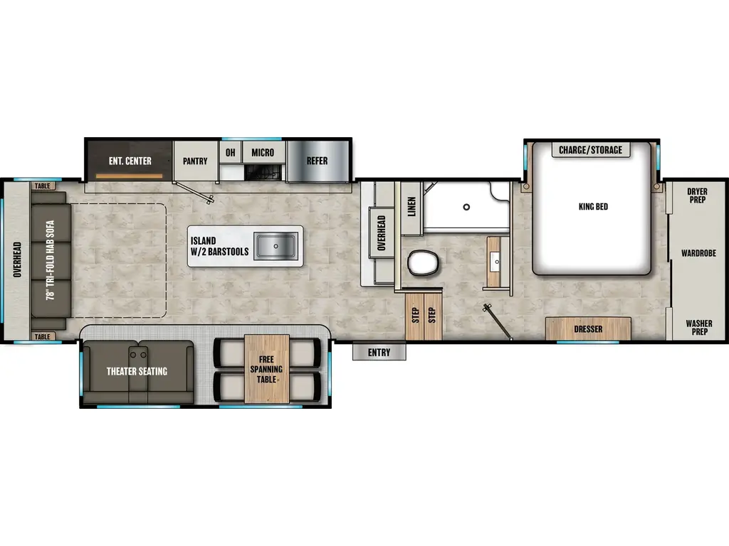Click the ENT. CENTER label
coord(130,161)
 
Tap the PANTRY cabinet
coord(195,161)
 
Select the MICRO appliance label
coord(263,152)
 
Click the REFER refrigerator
coord(318,161)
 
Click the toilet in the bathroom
coord(423,264)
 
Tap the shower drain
coord(466,207)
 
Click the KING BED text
coord(593,207)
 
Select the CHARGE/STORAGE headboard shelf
coord(590,150)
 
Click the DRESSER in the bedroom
coord(588,329)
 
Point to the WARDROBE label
coord(698,253)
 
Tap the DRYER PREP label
coord(698,196)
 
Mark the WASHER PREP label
coord(698,328)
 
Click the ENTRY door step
coord(379,353)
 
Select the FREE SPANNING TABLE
coord(267,369)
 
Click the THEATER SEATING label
coord(137,371)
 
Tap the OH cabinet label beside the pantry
coord(230,152)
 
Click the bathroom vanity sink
coord(495,261)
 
